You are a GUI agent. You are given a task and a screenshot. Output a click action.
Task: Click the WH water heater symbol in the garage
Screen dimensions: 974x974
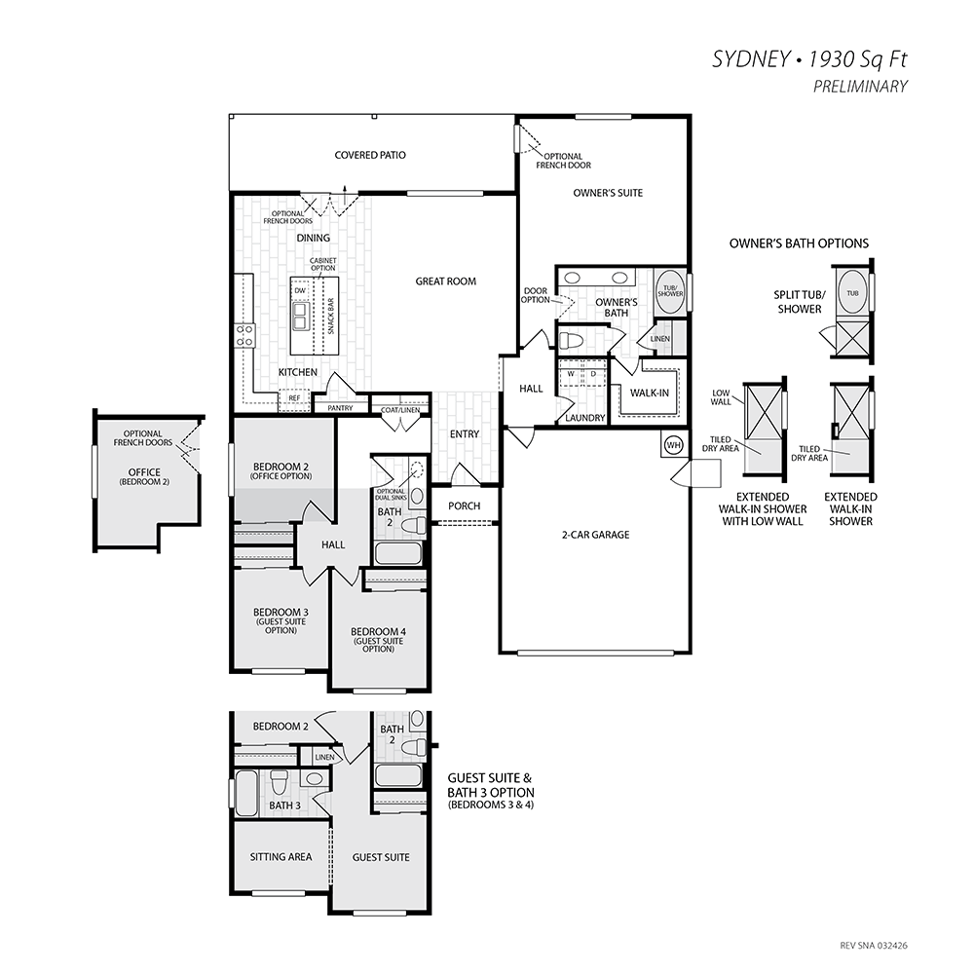click(x=673, y=445)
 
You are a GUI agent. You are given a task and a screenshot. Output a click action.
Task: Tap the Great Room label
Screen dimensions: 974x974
click(x=446, y=281)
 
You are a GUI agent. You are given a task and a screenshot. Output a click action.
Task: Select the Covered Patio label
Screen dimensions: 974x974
click(x=370, y=155)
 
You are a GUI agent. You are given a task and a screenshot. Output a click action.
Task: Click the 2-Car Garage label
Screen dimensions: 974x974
click(x=596, y=535)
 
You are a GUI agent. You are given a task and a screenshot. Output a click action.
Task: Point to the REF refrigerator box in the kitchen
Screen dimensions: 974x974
click(x=294, y=398)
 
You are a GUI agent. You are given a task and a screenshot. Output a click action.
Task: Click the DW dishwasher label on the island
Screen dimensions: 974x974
click(x=300, y=290)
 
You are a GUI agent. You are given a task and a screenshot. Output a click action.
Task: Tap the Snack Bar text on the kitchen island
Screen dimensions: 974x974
click(x=331, y=317)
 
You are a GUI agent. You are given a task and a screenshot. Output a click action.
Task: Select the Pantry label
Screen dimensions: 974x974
click(x=340, y=408)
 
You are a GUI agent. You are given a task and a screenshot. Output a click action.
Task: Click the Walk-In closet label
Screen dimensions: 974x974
click(x=650, y=393)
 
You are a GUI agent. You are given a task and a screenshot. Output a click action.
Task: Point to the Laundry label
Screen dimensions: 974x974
click(x=585, y=418)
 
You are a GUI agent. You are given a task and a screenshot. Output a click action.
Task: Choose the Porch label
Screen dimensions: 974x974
click(x=464, y=506)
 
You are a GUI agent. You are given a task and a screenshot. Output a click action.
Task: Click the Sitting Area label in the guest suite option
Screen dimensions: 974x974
click(x=281, y=857)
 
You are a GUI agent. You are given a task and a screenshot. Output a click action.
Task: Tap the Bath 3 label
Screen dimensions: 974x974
click(x=284, y=805)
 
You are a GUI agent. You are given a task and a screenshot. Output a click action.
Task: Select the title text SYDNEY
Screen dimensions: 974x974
click(x=750, y=59)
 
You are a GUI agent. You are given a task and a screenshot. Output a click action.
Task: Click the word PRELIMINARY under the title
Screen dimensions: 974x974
click(x=860, y=87)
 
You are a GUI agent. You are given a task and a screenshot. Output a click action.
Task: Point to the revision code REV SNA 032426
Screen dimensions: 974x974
click(x=874, y=946)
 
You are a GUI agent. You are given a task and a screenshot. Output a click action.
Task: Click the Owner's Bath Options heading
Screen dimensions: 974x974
click(x=799, y=243)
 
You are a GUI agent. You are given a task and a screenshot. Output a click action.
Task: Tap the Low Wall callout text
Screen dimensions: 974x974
click(x=721, y=397)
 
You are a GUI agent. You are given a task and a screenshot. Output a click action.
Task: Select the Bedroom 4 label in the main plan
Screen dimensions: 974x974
click(x=378, y=632)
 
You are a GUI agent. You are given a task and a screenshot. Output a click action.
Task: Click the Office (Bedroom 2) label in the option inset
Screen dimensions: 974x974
click(x=144, y=476)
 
